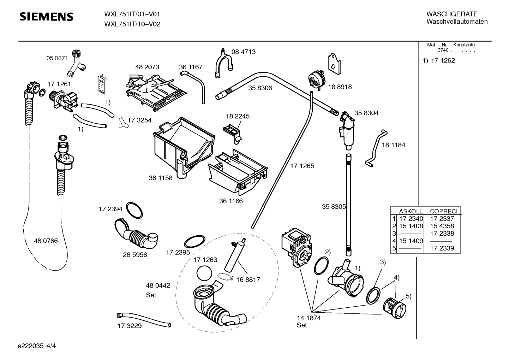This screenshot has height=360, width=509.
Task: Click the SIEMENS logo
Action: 46,17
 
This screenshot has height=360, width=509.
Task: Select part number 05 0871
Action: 57,58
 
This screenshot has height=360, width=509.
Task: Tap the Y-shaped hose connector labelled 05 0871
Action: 77,63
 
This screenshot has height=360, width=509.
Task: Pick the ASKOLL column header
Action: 411,211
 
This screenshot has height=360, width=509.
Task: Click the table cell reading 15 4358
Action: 442,226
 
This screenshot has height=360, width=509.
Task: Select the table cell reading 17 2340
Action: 411,219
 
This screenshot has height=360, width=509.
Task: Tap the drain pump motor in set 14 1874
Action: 296,247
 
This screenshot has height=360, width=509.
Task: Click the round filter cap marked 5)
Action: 395,308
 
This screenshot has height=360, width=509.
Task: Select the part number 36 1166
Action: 231,201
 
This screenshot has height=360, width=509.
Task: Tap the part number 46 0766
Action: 46,241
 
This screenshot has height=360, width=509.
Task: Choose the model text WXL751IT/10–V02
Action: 132,24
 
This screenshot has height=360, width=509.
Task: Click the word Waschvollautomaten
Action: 457,22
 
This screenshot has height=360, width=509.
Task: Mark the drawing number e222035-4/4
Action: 37,346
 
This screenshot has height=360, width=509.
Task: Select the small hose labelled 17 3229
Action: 144,320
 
